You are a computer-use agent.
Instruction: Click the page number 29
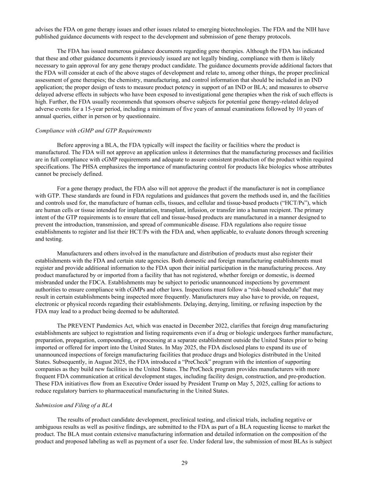(x=184, y=463)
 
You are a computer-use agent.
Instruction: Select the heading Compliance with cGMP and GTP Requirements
(x=93, y=131)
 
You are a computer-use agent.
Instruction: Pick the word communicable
(x=183, y=224)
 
